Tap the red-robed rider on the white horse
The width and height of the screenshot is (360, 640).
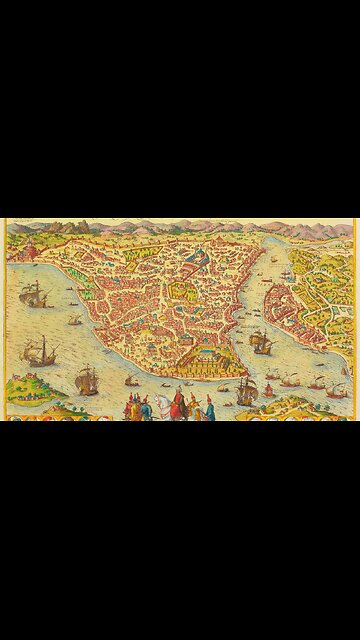(178, 399)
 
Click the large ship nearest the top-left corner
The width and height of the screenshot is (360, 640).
(33, 293)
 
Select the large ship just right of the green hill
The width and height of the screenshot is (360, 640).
(87, 380)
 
